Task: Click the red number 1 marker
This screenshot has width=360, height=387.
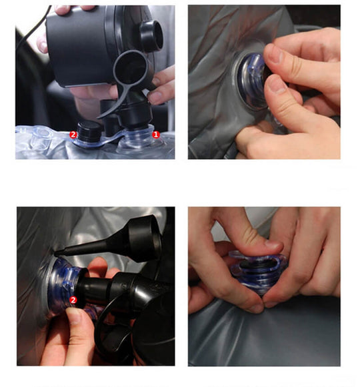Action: click(x=155, y=135)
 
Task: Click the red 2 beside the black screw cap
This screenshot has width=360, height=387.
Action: click(x=73, y=135)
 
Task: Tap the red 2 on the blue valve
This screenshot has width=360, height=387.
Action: click(x=73, y=300)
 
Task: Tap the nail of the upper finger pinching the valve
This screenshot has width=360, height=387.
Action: click(x=273, y=55)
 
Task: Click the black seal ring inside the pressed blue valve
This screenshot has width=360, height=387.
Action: click(x=256, y=264)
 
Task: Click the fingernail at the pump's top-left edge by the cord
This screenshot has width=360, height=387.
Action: click(x=43, y=46)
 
